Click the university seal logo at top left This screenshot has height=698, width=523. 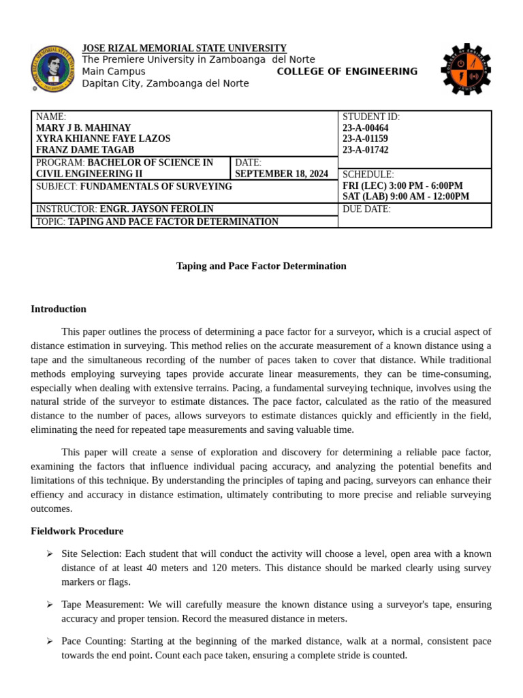52,67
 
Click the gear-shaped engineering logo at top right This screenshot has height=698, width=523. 465,70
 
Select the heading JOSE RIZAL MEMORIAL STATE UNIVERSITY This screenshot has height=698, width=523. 184,48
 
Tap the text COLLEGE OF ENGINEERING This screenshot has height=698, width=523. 347,72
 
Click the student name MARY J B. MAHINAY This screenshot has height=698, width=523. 83,128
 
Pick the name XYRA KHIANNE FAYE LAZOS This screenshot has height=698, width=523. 103,139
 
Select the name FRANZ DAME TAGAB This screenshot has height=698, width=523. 85,150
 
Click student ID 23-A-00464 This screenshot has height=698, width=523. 365,128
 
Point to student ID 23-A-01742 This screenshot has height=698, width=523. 365,150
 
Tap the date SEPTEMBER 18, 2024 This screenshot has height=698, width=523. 281,174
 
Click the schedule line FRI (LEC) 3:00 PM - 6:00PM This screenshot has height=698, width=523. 402,185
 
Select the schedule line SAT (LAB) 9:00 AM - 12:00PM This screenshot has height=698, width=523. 405,196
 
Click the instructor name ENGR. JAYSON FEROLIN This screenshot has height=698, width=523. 157,209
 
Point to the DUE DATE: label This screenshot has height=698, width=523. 366,209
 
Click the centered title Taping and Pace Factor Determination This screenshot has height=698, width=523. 261,266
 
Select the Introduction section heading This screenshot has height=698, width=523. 59,309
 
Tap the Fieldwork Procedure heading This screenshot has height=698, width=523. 77,531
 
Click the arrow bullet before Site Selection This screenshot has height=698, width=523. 50,554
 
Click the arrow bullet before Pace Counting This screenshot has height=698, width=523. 50,641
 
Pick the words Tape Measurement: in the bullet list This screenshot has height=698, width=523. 94,605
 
